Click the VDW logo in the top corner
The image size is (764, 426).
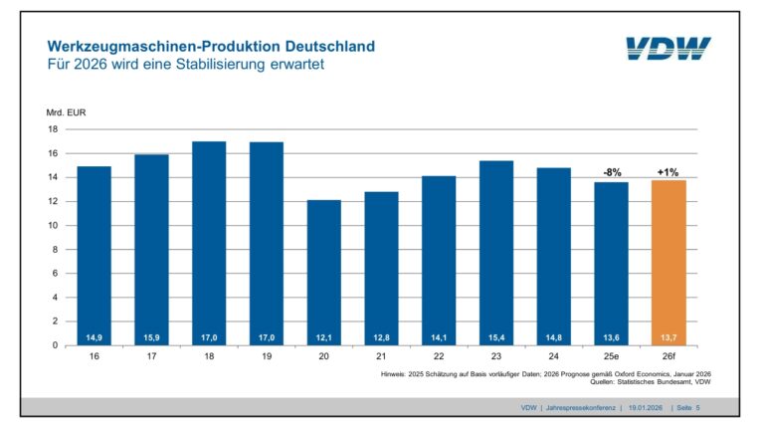click(668, 49)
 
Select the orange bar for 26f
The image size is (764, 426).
click(668, 263)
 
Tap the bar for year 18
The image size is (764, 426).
click(209, 243)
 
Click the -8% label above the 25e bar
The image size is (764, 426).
click(611, 172)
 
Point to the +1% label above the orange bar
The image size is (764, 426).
click(668, 171)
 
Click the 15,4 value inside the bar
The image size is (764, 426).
click(495, 336)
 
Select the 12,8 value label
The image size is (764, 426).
click(381, 336)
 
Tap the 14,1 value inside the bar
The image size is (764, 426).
click(439, 336)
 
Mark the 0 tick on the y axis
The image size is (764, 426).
click(56, 345)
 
